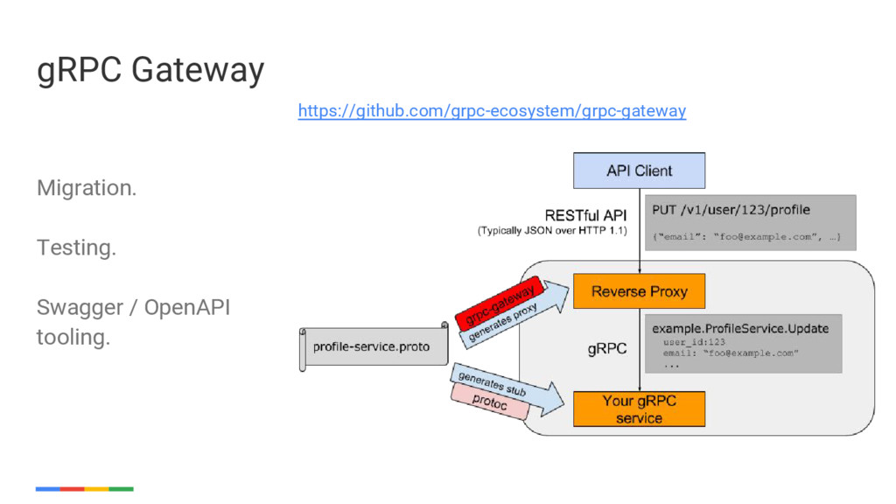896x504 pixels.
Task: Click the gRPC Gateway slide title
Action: coord(150,70)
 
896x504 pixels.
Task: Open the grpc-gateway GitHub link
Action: coord(492,110)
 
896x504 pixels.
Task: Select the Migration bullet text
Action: coord(87,187)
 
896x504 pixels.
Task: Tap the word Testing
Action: coord(77,248)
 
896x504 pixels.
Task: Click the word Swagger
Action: coord(80,308)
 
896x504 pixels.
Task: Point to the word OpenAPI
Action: coord(187,307)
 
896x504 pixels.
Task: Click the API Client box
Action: coord(639,171)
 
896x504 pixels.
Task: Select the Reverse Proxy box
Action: coord(639,291)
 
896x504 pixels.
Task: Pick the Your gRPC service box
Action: coord(639,409)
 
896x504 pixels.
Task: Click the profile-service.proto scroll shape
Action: coord(374,346)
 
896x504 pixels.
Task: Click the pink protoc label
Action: coord(490,402)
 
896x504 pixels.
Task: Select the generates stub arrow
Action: coord(506,388)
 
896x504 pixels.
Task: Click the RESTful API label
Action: coord(585,215)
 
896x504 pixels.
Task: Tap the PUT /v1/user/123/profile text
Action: coord(731,210)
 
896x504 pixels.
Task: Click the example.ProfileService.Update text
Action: coord(740,329)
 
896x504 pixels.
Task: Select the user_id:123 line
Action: coord(694,342)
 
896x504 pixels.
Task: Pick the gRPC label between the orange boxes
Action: coord(607,348)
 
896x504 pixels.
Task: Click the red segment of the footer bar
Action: coord(72,489)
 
